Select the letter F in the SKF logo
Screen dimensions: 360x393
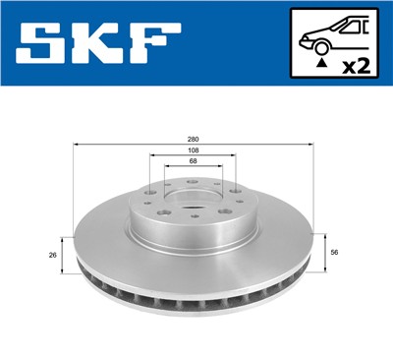(153, 44)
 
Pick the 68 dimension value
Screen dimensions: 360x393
(194, 163)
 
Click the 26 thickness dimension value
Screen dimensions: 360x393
(50, 254)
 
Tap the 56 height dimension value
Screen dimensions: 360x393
(337, 252)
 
